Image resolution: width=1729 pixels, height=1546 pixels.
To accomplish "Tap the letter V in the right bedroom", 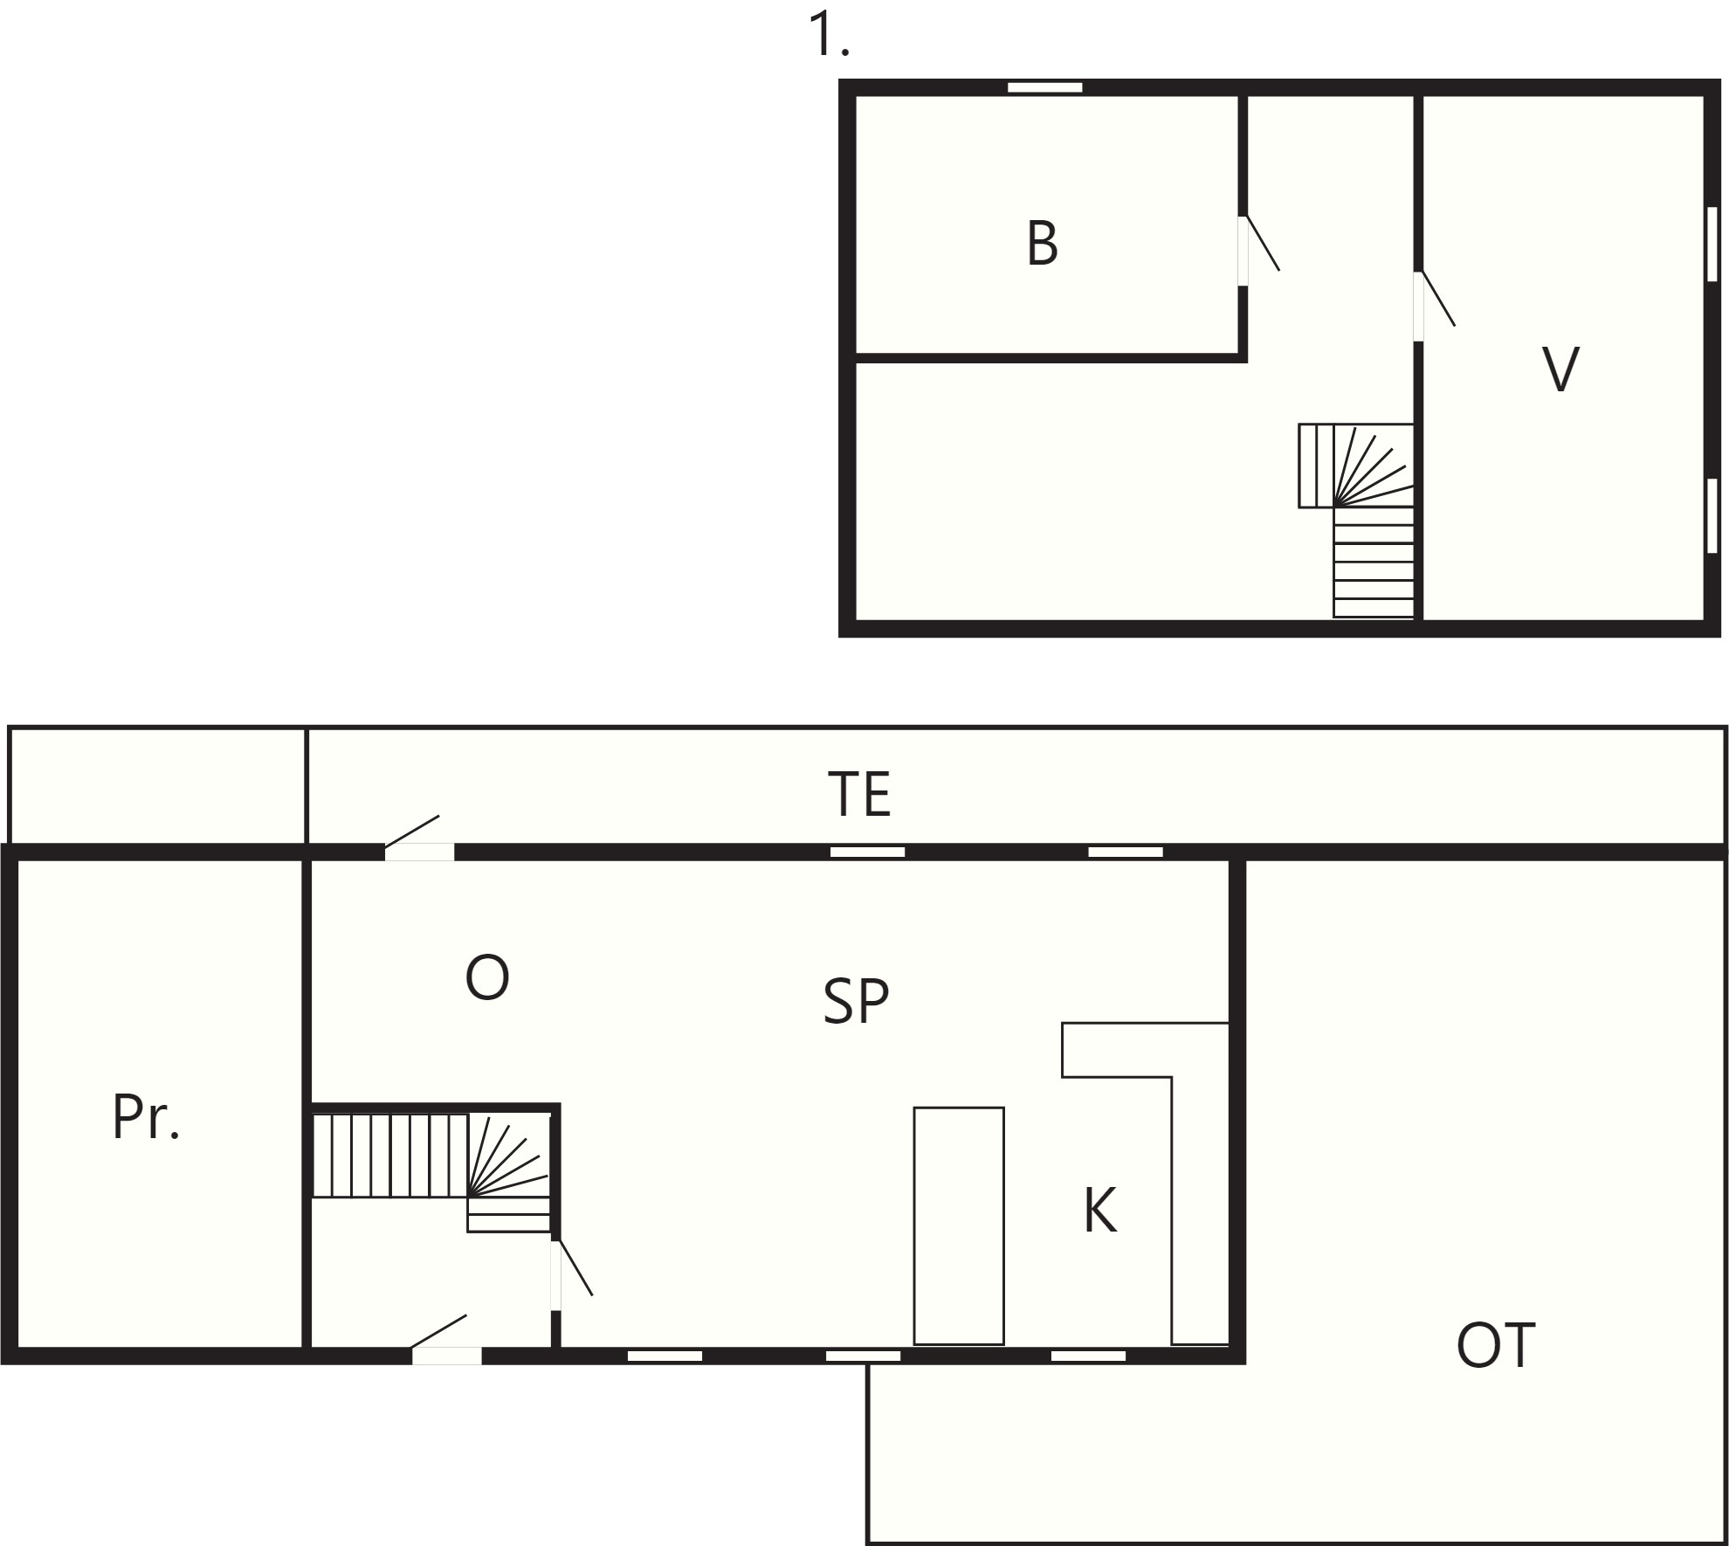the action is coord(1560,369).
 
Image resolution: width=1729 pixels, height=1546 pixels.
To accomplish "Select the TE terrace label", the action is coord(860,794).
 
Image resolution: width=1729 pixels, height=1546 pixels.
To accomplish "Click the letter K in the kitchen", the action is coord(1100,1211).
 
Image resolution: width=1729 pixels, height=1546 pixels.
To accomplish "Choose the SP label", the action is coord(856,1001).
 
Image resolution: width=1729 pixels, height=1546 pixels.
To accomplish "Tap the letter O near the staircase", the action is coord(487,977).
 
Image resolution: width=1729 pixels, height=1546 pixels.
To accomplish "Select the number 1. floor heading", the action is coord(829,35).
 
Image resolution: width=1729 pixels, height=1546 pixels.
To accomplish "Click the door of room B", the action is coord(1257,250).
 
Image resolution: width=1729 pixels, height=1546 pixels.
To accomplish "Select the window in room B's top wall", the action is coord(1045,87).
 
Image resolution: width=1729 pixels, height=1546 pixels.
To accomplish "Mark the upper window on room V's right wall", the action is coord(1712,244).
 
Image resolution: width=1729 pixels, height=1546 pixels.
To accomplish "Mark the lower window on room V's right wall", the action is coord(1712,515).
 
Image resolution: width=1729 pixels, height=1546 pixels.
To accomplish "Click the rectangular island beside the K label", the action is coord(959,1226).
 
